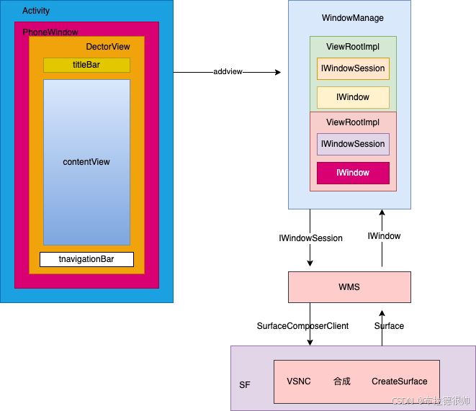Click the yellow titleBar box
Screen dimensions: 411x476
(x=86, y=65)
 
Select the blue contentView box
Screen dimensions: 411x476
(x=86, y=162)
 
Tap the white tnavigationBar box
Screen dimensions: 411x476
(x=86, y=259)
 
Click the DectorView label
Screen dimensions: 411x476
(x=108, y=47)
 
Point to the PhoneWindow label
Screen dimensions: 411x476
(x=50, y=32)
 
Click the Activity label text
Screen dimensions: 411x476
(x=36, y=12)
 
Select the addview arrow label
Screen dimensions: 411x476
(x=228, y=72)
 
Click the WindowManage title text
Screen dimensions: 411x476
(x=353, y=18)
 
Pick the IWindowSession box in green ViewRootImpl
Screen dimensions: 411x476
(x=353, y=68)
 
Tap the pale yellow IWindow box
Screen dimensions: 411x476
(x=353, y=97)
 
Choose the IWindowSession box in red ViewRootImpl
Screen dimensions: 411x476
(x=353, y=144)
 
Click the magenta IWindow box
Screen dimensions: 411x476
(x=353, y=173)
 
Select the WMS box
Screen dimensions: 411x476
(x=349, y=287)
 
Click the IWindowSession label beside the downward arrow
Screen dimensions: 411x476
(x=311, y=238)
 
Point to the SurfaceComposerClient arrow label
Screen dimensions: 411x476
(x=302, y=326)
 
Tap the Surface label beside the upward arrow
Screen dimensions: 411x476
(x=389, y=326)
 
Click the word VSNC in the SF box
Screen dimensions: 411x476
(x=299, y=381)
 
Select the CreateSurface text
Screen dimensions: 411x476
(x=399, y=381)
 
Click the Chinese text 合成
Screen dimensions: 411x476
(x=341, y=381)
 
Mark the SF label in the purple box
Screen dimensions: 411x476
(x=245, y=386)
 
